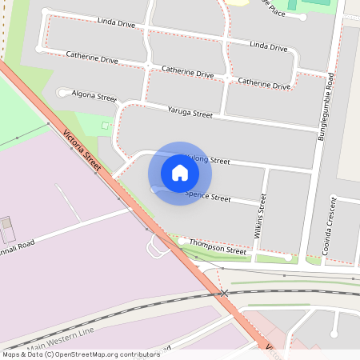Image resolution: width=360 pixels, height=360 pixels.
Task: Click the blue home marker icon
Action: coord(179,173)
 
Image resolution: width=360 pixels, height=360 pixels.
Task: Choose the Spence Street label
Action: coord(208,196)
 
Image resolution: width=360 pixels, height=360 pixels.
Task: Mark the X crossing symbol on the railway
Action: coord(224,294)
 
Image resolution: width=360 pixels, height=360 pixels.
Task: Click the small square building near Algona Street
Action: coord(106,126)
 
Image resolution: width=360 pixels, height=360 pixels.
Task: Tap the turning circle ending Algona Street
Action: coord(62,92)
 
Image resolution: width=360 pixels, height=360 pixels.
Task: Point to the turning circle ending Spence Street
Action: coord(154,190)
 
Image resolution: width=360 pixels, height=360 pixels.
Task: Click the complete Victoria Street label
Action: coord(82,150)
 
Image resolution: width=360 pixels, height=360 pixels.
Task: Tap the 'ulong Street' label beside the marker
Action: coord(208,160)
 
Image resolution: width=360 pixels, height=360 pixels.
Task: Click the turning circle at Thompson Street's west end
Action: coord(183,240)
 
